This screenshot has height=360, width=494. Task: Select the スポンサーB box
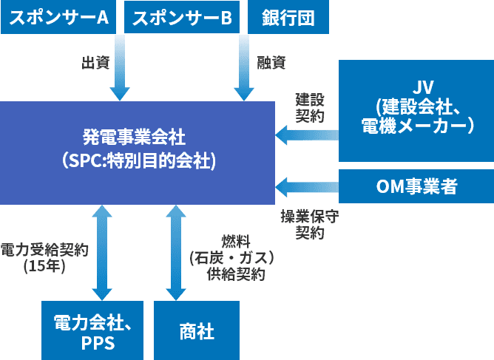tap(181, 17)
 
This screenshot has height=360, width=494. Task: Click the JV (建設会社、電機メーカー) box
tap(416, 111)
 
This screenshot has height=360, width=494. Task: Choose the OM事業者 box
tap(416, 187)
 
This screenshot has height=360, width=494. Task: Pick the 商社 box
tap(197, 330)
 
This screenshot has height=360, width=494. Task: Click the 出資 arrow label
tap(95, 63)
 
